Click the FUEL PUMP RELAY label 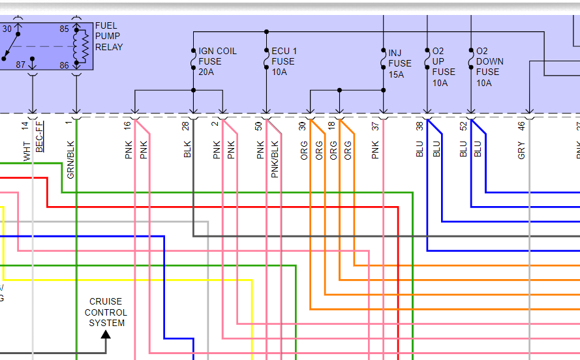(x=108, y=37)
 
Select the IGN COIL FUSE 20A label (x=217, y=61)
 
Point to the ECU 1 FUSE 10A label (x=284, y=61)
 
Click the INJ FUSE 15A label (x=399, y=63)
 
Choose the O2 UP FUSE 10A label (x=444, y=67)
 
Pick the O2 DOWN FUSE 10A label (x=489, y=67)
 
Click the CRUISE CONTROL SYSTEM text (x=106, y=312)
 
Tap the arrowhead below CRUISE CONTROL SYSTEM (x=106, y=335)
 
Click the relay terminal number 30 (x=7, y=29)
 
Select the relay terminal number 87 (x=21, y=65)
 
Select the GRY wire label (x=521, y=151)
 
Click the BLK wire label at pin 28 (x=187, y=150)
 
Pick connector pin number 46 (x=521, y=125)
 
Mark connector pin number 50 (x=259, y=125)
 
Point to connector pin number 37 (x=375, y=125)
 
